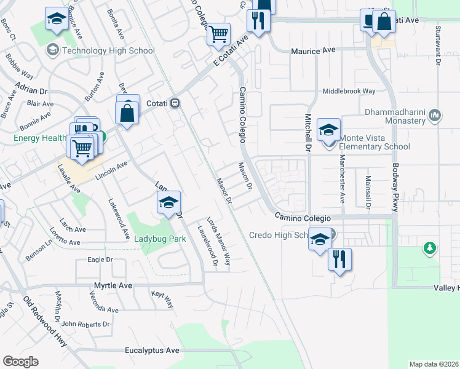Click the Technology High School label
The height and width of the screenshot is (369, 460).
(x=108, y=50)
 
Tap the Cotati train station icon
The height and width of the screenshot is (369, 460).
(x=175, y=103)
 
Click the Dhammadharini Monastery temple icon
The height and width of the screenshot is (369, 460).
(x=435, y=114)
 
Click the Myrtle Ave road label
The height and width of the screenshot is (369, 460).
(x=113, y=286)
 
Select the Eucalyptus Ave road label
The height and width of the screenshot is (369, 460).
(x=152, y=350)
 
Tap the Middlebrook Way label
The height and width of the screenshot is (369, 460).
(x=349, y=91)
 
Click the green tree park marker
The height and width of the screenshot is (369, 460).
(x=430, y=249)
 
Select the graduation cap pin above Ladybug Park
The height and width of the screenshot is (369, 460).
(x=169, y=202)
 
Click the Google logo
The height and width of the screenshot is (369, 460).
(x=20, y=362)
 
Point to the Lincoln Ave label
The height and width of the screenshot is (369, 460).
(x=111, y=170)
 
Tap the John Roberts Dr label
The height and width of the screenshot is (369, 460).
(x=85, y=323)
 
